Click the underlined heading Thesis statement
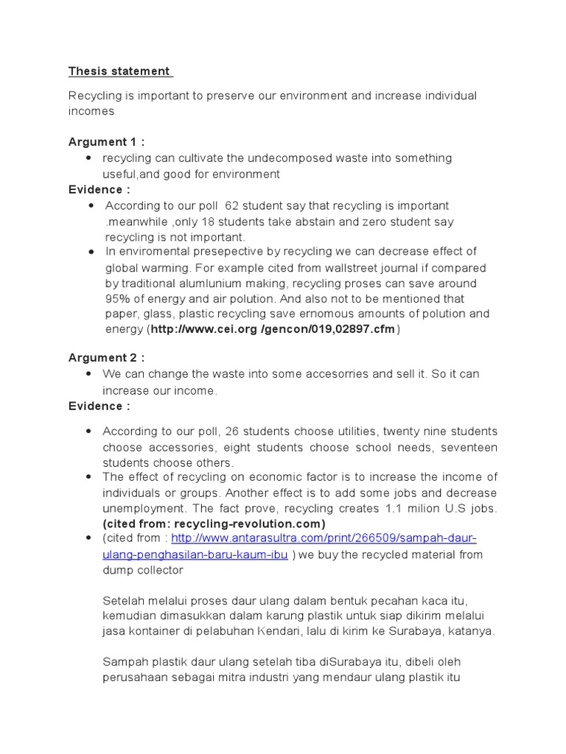point(120,71)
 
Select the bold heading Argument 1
point(106,141)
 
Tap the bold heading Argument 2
point(106,358)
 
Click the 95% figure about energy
point(118,299)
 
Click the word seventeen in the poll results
point(472,447)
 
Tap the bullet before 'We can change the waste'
point(88,374)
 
